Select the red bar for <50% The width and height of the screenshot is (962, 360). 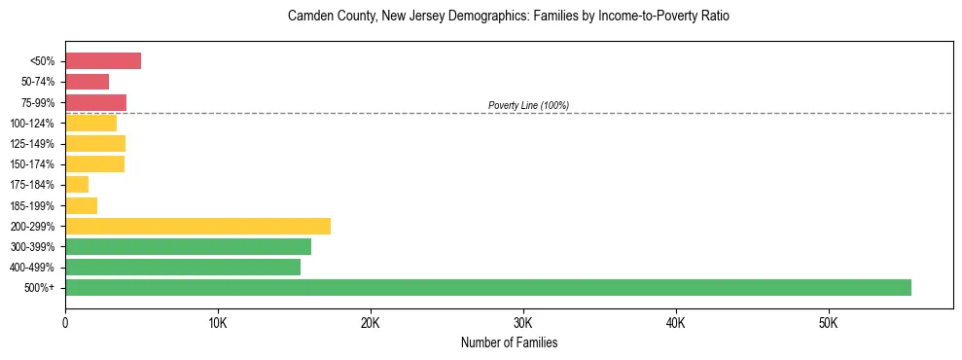click(103, 61)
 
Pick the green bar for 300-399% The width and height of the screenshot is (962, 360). click(188, 247)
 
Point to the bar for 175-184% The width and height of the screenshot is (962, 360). click(77, 185)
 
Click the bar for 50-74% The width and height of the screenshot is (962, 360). click(87, 82)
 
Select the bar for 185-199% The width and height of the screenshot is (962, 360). click(81, 205)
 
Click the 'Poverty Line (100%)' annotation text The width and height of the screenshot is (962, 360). click(528, 105)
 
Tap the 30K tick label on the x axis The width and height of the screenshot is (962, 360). click(522, 322)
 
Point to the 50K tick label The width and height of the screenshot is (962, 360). click(828, 322)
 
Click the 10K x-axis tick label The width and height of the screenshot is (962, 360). click(218, 322)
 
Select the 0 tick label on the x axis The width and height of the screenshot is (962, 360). click(65, 322)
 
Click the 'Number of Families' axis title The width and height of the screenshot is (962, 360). click(509, 342)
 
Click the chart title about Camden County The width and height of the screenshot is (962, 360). click(509, 17)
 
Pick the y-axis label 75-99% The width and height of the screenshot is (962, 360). click(39, 103)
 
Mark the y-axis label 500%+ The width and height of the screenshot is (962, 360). click(42, 288)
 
